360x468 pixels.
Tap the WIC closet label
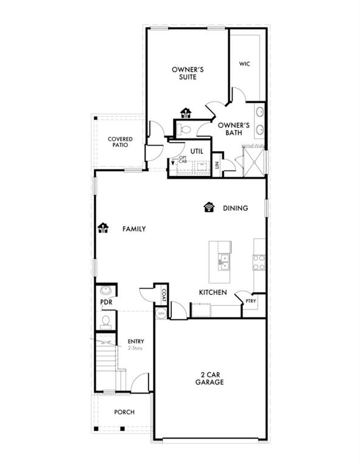click(x=245, y=63)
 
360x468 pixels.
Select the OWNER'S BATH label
click(x=230, y=129)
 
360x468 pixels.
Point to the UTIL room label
click(x=196, y=150)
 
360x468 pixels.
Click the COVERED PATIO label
click(x=121, y=143)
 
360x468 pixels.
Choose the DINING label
click(x=235, y=208)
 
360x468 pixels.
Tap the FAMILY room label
click(x=134, y=229)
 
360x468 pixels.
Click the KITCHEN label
click(x=213, y=292)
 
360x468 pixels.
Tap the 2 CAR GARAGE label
click(x=210, y=378)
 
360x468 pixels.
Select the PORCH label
click(x=124, y=412)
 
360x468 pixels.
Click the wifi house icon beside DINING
click(x=209, y=207)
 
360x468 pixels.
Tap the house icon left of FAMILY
click(x=103, y=229)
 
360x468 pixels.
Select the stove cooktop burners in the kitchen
click(x=259, y=262)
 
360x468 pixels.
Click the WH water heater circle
click(x=161, y=313)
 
